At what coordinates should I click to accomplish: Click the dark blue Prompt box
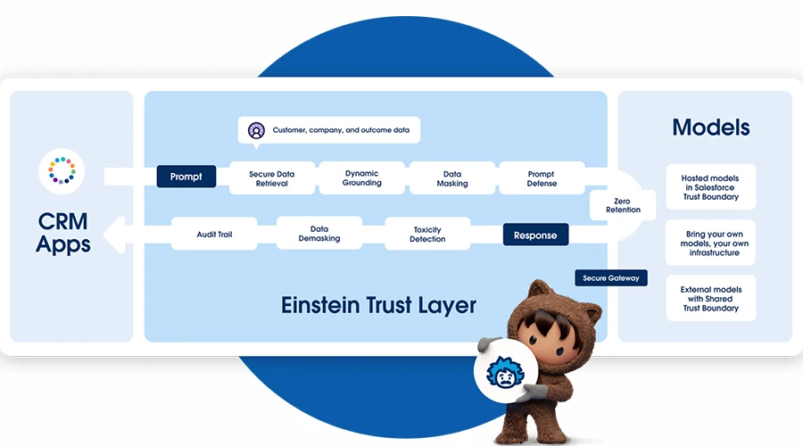[186, 177]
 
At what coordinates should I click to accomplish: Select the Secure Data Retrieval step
[272, 178]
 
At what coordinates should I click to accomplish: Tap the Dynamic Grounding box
[362, 178]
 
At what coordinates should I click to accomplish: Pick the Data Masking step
[452, 178]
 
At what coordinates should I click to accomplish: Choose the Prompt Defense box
[542, 178]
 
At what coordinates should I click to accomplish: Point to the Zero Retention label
[623, 205]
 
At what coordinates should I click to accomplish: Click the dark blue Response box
[535, 235]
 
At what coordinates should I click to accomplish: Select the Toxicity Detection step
[427, 234]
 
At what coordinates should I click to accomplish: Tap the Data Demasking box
[319, 233]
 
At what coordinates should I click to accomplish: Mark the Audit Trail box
[214, 234]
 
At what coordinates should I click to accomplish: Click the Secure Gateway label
[611, 278]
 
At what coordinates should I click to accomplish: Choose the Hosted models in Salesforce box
[711, 187]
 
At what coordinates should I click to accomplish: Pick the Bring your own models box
[711, 243]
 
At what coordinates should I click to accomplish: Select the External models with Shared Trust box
[711, 298]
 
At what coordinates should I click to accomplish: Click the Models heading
[711, 127]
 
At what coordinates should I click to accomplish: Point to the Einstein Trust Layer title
[378, 305]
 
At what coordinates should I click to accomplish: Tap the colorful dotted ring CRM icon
[62, 170]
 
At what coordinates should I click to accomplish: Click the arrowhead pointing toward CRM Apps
[114, 235]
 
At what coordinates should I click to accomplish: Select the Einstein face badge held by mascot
[506, 371]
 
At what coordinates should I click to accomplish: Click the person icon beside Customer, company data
[256, 130]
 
